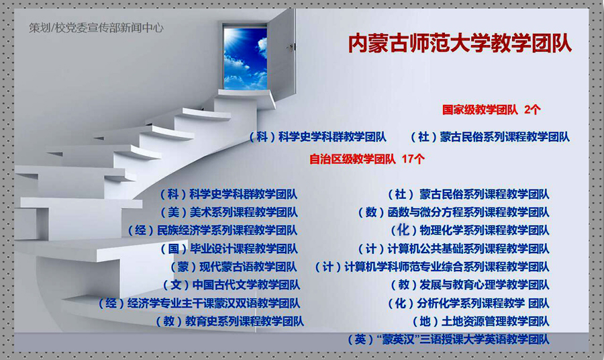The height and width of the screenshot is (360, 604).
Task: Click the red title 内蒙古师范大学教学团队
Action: coord(460,43)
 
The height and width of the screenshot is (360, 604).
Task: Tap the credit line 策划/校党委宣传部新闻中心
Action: coord(96,28)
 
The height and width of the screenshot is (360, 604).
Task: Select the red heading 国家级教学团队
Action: coord(480,110)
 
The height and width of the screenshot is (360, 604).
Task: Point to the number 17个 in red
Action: coord(413,159)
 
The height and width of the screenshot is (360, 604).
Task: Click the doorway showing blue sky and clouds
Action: coord(246,58)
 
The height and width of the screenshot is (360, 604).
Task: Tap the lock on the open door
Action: coord(291,47)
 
